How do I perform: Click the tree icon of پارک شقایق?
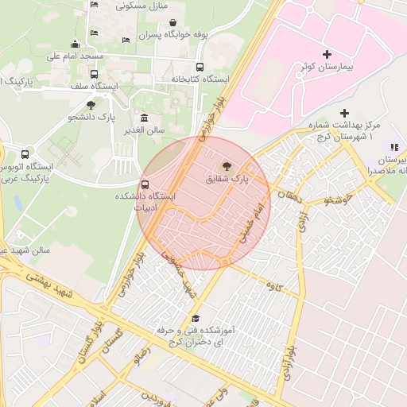click(x=228, y=166)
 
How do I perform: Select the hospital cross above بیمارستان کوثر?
click(x=327, y=53)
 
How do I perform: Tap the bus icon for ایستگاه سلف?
click(x=95, y=75)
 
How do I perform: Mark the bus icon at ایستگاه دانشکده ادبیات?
click(x=144, y=184)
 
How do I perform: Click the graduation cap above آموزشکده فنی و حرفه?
click(x=196, y=318)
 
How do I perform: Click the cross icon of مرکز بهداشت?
click(x=344, y=114)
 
